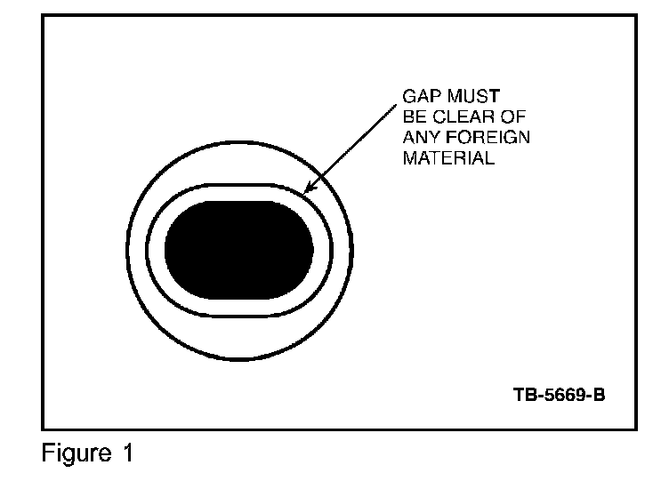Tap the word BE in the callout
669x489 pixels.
click(x=415, y=116)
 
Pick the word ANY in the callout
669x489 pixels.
click(x=421, y=138)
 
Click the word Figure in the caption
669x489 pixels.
click(x=72, y=454)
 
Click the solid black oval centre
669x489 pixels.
click(x=238, y=250)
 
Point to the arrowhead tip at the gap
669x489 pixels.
click(x=305, y=193)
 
